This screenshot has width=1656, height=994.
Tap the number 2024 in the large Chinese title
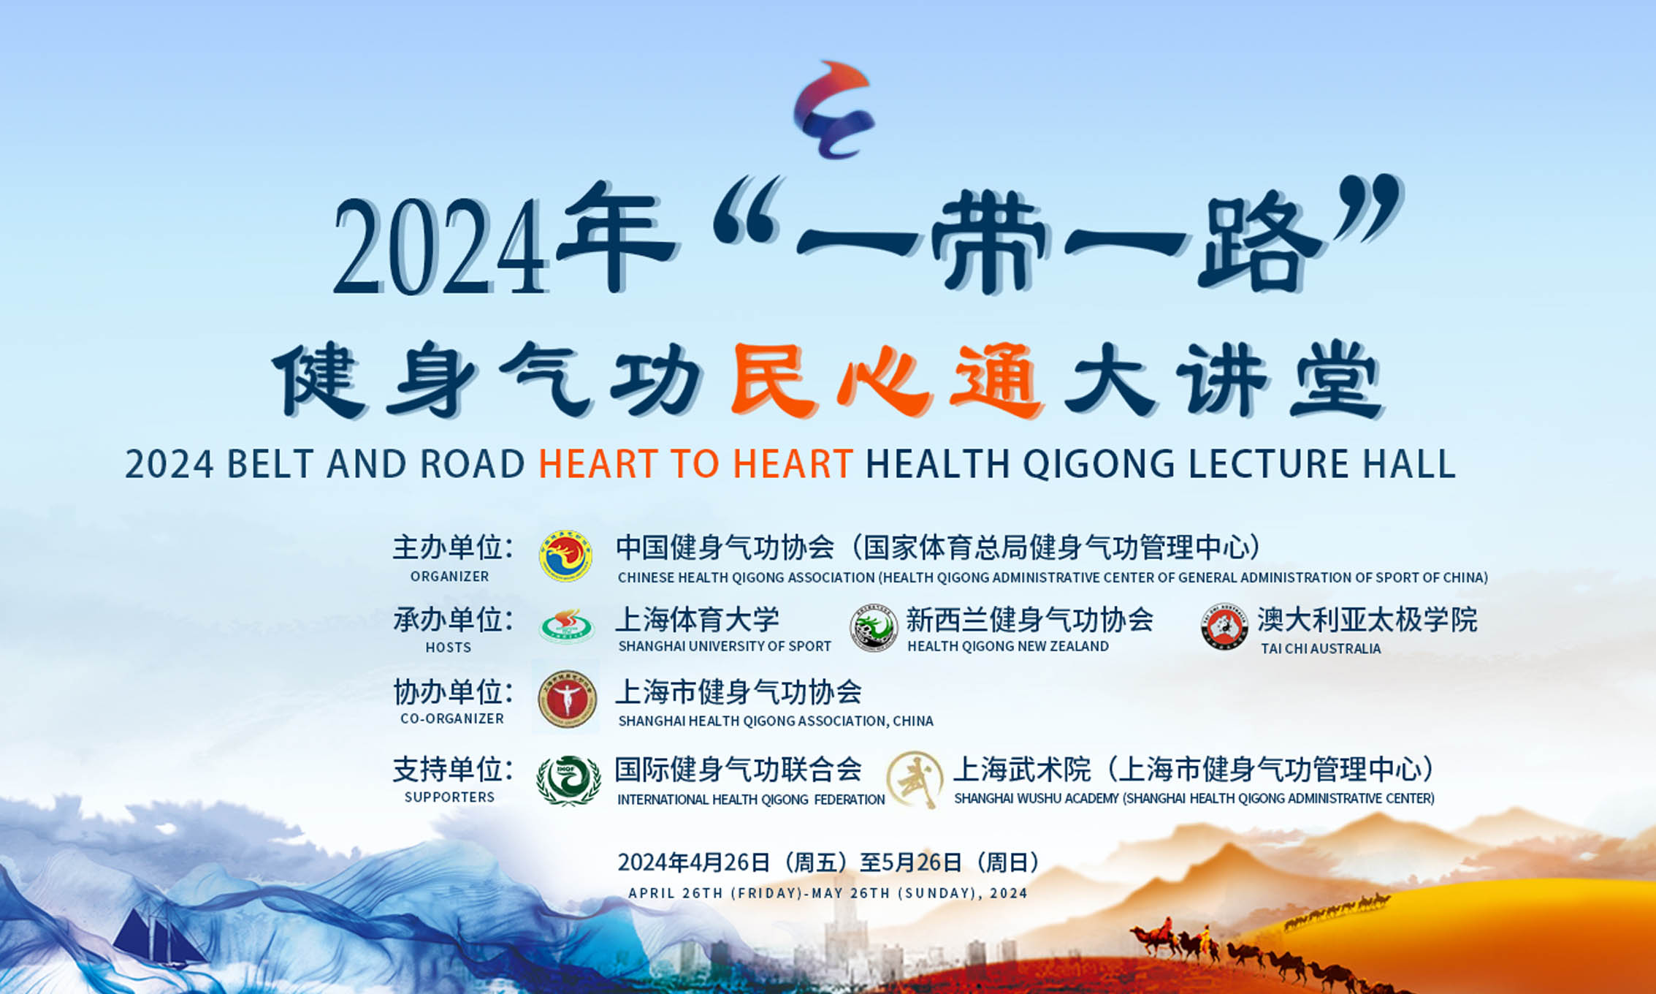coord(440,246)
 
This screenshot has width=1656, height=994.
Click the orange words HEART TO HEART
coord(695,463)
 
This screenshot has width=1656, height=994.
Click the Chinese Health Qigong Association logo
coord(565,556)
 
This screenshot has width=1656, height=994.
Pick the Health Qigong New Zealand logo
coord(874,627)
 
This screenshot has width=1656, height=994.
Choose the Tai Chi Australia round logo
coord(1224,627)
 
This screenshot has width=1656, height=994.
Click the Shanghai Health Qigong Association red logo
coord(567,699)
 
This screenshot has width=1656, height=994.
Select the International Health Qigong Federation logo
coord(568,781)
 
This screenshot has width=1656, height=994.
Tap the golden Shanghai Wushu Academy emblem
coord(915,779)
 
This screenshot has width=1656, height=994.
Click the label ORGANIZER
coord(449,577)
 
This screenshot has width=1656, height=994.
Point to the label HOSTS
coord(449,648)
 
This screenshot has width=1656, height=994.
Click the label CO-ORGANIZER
coord(452,718)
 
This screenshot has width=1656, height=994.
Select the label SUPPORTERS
coord(449,797)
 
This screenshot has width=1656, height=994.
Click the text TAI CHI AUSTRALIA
coord(1321,648)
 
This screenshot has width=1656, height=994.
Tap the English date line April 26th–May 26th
coord(828,893)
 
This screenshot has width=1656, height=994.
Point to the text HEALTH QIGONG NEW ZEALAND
coord(1008,646)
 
